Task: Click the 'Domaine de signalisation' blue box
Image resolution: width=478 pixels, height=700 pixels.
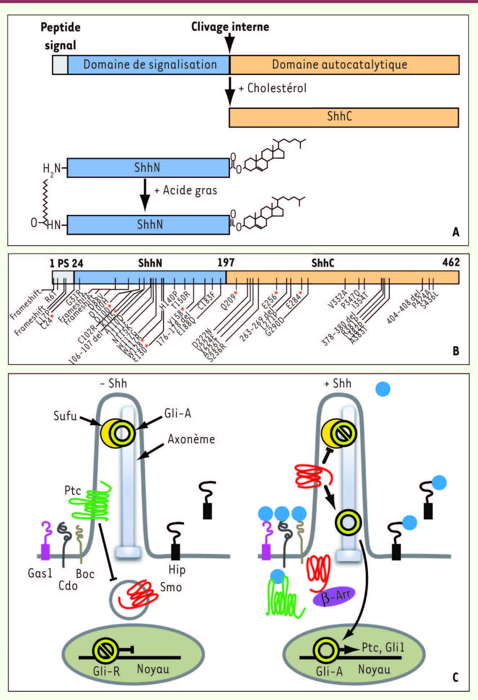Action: [x=148, y=65]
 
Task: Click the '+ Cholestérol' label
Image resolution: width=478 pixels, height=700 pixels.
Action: [x=273, y=88]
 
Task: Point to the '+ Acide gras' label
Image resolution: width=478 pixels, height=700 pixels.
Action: [x=186, y=190]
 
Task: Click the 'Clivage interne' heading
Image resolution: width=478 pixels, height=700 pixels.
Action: [x=230, y=27]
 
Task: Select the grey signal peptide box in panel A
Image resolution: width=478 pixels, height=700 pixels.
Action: [x=60, y=65]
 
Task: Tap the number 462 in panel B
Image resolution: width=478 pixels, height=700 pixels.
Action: [x=451, y=262]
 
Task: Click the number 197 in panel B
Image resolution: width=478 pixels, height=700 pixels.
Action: [x=226, y=263]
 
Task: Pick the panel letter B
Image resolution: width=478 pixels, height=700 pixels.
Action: [x=456, y=351]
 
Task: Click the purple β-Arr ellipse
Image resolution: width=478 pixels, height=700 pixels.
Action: [x=334, y=597]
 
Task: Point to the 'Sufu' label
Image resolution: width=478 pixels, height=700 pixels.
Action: [x=65, y=416]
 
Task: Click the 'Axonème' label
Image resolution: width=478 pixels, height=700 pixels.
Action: [x=191, y=439]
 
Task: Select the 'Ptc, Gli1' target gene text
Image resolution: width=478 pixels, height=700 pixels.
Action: [x=383, y=647]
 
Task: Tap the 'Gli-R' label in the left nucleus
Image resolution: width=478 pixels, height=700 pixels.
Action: [x=106, y=671]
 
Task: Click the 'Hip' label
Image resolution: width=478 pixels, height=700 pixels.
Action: [x=177, y=570]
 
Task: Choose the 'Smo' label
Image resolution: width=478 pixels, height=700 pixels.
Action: [x=171, y=587]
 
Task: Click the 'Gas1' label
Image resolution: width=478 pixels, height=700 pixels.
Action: [x=40, y=573]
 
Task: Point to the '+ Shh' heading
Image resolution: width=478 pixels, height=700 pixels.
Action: [x=338, y=383]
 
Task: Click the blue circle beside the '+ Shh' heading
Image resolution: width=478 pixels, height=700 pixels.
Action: [x=383, y=389]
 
